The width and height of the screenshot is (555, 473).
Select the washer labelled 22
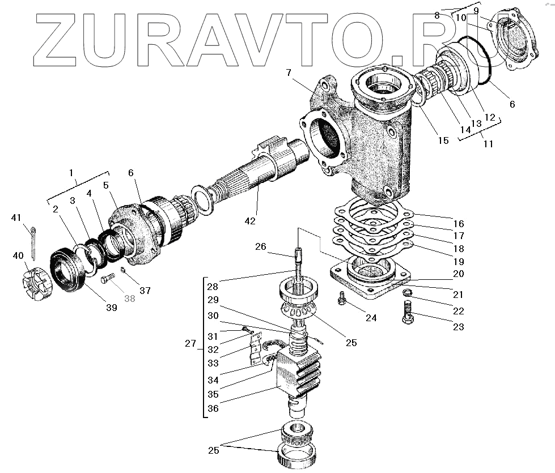pyautogui.click(x=406, y=293)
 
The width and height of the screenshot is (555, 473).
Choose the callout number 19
pyautogui.click(x=458, y=262)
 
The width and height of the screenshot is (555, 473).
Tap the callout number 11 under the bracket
pyautogui.click(x=488, y=144)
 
